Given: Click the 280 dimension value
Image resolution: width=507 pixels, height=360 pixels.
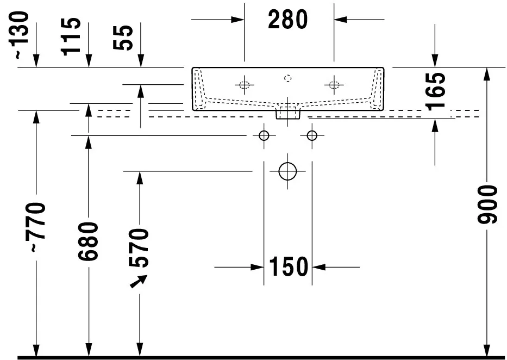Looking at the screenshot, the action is pos(288,20).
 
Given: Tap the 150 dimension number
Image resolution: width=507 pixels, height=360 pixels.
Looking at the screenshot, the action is pos(289,267).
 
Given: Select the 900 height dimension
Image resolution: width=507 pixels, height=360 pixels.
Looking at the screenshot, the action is pos(487,204).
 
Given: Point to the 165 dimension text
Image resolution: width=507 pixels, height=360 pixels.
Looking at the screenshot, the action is pos(435,91).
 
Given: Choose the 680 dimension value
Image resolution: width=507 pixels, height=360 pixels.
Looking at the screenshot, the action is pos(88,241).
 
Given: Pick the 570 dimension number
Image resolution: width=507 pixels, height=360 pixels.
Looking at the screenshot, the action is pos(139,248).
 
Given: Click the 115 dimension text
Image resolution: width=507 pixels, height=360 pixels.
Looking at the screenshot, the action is pos(71,36).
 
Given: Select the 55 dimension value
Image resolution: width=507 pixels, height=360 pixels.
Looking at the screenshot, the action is pos(123,38).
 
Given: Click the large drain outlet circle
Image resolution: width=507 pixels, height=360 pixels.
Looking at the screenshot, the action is pos(287,171).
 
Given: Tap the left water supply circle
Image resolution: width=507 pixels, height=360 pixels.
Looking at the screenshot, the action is pos(264,135).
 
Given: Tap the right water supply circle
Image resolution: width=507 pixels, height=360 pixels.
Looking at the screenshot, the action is pos(312,135).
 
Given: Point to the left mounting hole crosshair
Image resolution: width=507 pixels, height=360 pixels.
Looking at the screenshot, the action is pos(245,85).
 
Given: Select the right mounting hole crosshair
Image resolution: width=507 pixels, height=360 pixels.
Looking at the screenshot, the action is pos(334,85).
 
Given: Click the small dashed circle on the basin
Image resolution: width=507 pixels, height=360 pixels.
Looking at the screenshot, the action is pos(288,78).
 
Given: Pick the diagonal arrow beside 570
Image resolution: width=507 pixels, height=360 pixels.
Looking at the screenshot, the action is pos(139,281).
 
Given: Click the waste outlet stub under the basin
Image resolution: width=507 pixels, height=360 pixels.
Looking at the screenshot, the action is pos(288,113).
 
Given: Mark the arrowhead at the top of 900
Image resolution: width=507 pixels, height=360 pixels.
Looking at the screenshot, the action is pos(487,74).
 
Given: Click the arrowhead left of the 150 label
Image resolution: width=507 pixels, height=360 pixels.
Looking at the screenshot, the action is pos(258,267).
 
